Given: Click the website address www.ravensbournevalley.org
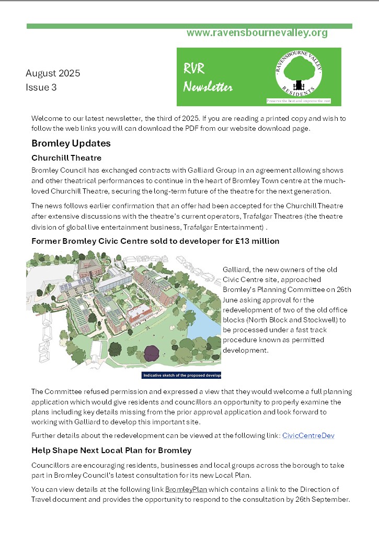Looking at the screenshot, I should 257,33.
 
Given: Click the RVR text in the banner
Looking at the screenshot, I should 194,68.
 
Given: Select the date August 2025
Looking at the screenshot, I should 53,73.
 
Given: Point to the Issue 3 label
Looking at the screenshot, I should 41,87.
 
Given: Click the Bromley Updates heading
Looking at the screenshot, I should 71,143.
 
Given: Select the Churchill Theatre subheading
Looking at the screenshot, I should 66,157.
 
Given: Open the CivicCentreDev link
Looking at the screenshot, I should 308,435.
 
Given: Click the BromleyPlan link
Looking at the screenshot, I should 186,489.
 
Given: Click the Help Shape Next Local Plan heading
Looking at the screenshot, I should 111,450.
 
